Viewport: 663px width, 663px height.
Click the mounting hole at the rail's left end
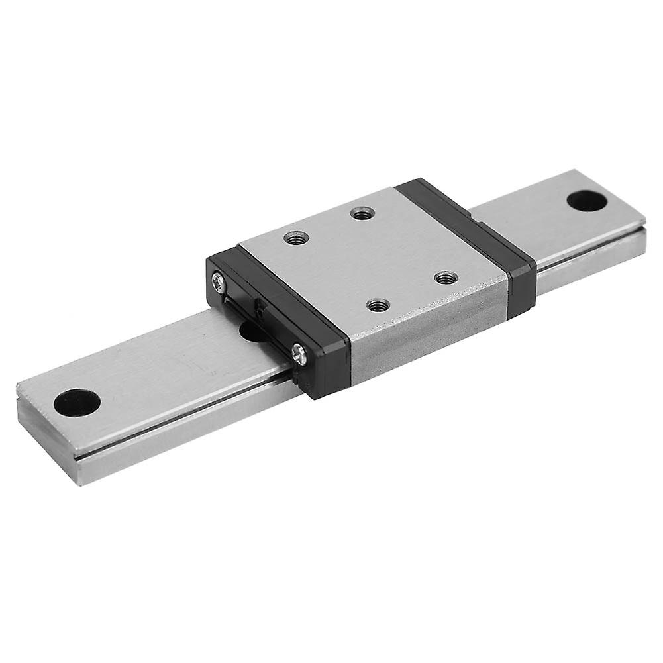click(x=77, y=402)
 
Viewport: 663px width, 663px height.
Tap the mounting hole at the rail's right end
click(x=587, y=199)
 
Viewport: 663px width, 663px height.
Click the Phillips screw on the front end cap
click(x=299, y=354)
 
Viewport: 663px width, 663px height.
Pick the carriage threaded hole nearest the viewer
click(x=378, y=305)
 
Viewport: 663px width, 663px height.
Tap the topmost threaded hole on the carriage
click(x=362, y=213)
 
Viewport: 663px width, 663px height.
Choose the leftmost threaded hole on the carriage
click(x=296, y=236)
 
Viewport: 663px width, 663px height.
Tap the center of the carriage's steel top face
click(x=371, y=258)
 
